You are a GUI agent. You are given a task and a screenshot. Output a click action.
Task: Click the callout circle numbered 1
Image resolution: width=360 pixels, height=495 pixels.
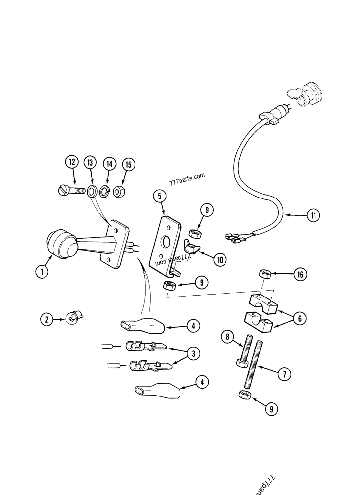pyautogui.click(x=43, y=271)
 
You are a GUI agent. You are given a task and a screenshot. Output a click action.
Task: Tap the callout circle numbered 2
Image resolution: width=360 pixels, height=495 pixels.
pyautogui.click(x=46, y=319)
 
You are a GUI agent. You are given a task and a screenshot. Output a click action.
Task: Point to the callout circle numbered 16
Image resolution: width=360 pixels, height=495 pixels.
pyautogui.click(x=299, y=274)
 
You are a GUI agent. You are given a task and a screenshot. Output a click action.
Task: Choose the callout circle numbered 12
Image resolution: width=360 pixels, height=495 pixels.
pyautogui.click(x=72, y=162)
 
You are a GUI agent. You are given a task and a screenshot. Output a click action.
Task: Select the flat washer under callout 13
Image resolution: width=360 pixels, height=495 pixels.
pyautogui.click(x=92, y=190)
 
